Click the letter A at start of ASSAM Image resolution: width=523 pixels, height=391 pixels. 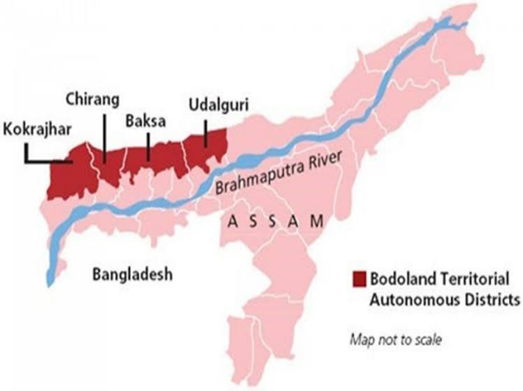[x=231, y=224]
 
